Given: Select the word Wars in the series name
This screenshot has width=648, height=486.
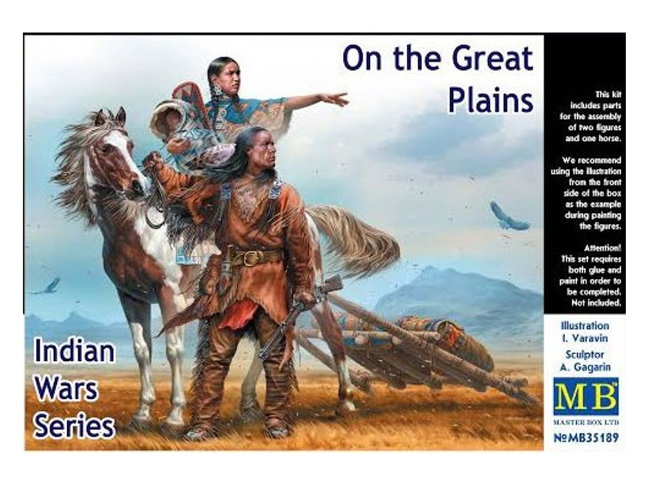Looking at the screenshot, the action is [x=66, y=390].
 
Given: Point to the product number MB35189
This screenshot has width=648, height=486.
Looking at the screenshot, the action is [x=586, y=437].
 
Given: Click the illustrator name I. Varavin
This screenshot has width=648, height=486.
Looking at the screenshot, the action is [x=584, y=338].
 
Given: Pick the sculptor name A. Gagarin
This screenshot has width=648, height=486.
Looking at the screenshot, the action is [x=584, y=367].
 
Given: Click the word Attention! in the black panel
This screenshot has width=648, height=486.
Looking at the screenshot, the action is [x=602, y=248].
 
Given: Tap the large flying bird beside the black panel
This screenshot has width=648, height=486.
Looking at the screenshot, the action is [x=508, y=217].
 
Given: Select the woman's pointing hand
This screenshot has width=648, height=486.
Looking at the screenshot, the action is [x=336, y=99].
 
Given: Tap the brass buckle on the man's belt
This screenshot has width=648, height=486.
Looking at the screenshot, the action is [x=249, y=258].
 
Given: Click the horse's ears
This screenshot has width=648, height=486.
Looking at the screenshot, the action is [x=111, y=117].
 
